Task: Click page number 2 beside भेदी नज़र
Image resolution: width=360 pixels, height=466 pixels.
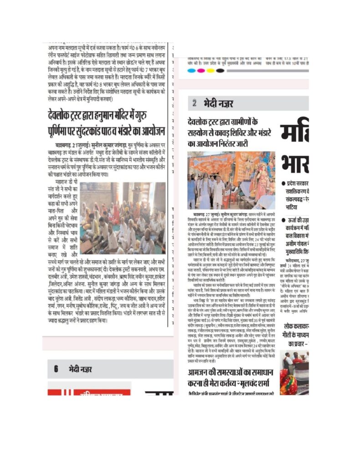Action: click(194, 103)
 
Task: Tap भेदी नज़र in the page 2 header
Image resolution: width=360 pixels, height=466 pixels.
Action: click(219, 103)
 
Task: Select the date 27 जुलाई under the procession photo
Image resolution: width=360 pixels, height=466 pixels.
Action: click(213, 213)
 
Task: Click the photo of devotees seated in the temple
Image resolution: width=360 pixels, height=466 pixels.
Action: click(122, 218)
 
